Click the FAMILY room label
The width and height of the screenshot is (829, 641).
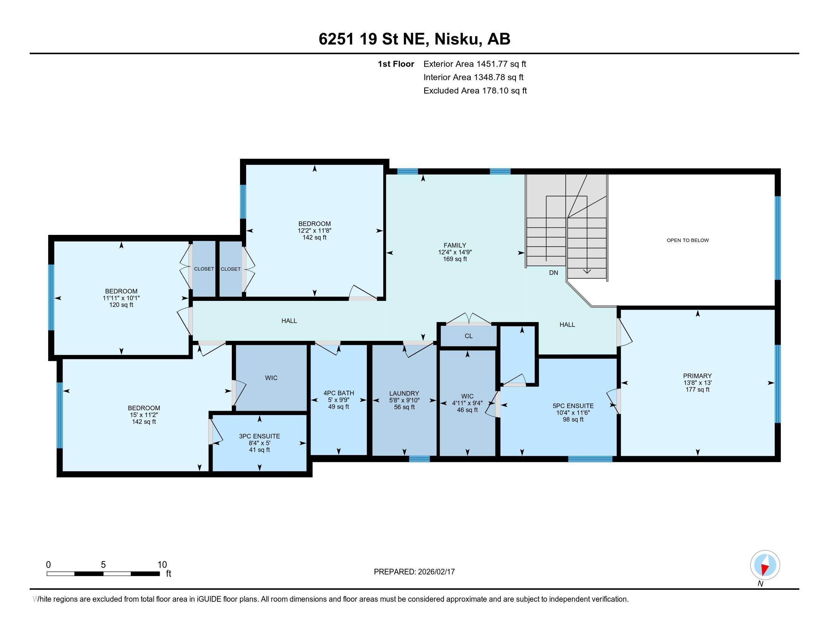coord(455,245)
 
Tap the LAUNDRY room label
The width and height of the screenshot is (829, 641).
coord(404,393)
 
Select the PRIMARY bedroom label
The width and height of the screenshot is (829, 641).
coord(697,376)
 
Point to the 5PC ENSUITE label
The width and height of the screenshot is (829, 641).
coord(573,406)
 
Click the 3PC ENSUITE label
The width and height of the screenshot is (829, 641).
coord(259,436)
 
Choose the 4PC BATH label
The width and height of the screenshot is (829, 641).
coord(339,393)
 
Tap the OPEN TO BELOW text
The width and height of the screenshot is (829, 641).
coord(688,241)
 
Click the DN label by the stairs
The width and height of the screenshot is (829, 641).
coord(554,273)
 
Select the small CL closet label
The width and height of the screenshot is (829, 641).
coord(469,336)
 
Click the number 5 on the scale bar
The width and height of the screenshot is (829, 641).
coord(103,565)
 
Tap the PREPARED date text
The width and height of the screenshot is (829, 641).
coord(414,572)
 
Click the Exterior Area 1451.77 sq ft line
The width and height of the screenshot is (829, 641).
coord(475,64)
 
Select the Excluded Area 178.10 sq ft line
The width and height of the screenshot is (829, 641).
coord(475,90)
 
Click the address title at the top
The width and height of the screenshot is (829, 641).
coord(414,39)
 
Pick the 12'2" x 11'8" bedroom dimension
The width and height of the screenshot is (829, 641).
coord(314,230)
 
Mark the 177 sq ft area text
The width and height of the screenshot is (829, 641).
coord(697,390)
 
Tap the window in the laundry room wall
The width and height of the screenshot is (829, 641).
coord(419,459)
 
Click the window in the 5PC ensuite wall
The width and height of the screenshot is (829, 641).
coord(590,459)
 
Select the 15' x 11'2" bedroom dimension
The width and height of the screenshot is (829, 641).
coord(144,415)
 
